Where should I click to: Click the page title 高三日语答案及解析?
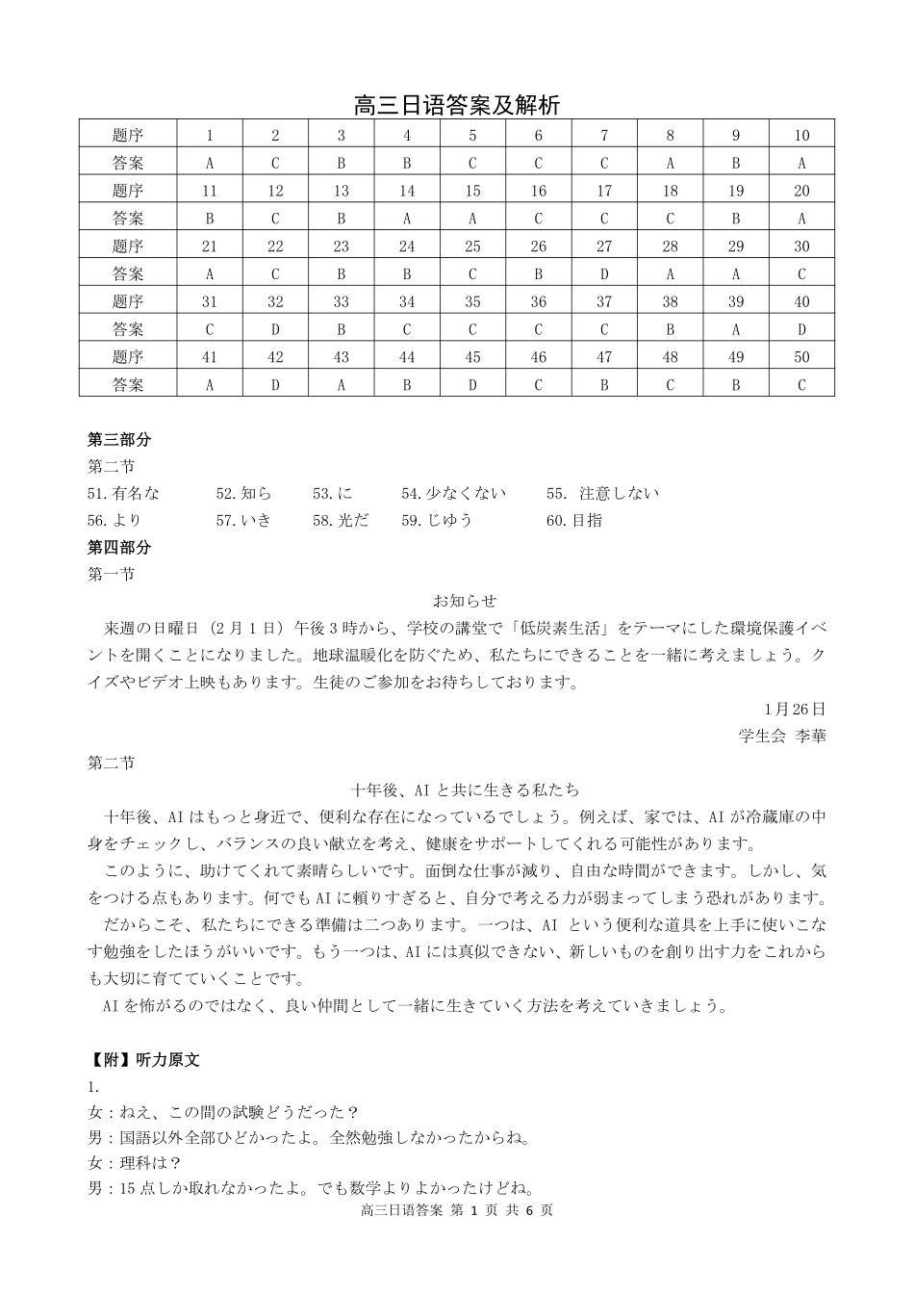(x=456, y=105)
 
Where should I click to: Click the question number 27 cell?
(x=604, y=246)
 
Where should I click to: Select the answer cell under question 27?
(x=604, y=273)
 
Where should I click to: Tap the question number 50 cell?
(x=801, y=356)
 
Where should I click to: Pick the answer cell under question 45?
(x=472, y=384)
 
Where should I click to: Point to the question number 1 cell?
(x=210, y=135)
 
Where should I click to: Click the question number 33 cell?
(x=342, y=301)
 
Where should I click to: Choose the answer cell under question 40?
(x=801, y=329)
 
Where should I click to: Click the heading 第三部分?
(x=119, y=439)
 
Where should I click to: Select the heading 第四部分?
(x=119, y=547)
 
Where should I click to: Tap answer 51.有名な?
(x=124, y=493)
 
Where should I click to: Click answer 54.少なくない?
(x=453, y=493)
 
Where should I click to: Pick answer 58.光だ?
(x=341, y=520)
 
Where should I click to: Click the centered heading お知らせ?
(x=464, y=601)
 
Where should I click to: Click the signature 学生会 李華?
(x=782, y=736)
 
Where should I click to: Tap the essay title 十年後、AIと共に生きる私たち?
(x=466, y=789)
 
